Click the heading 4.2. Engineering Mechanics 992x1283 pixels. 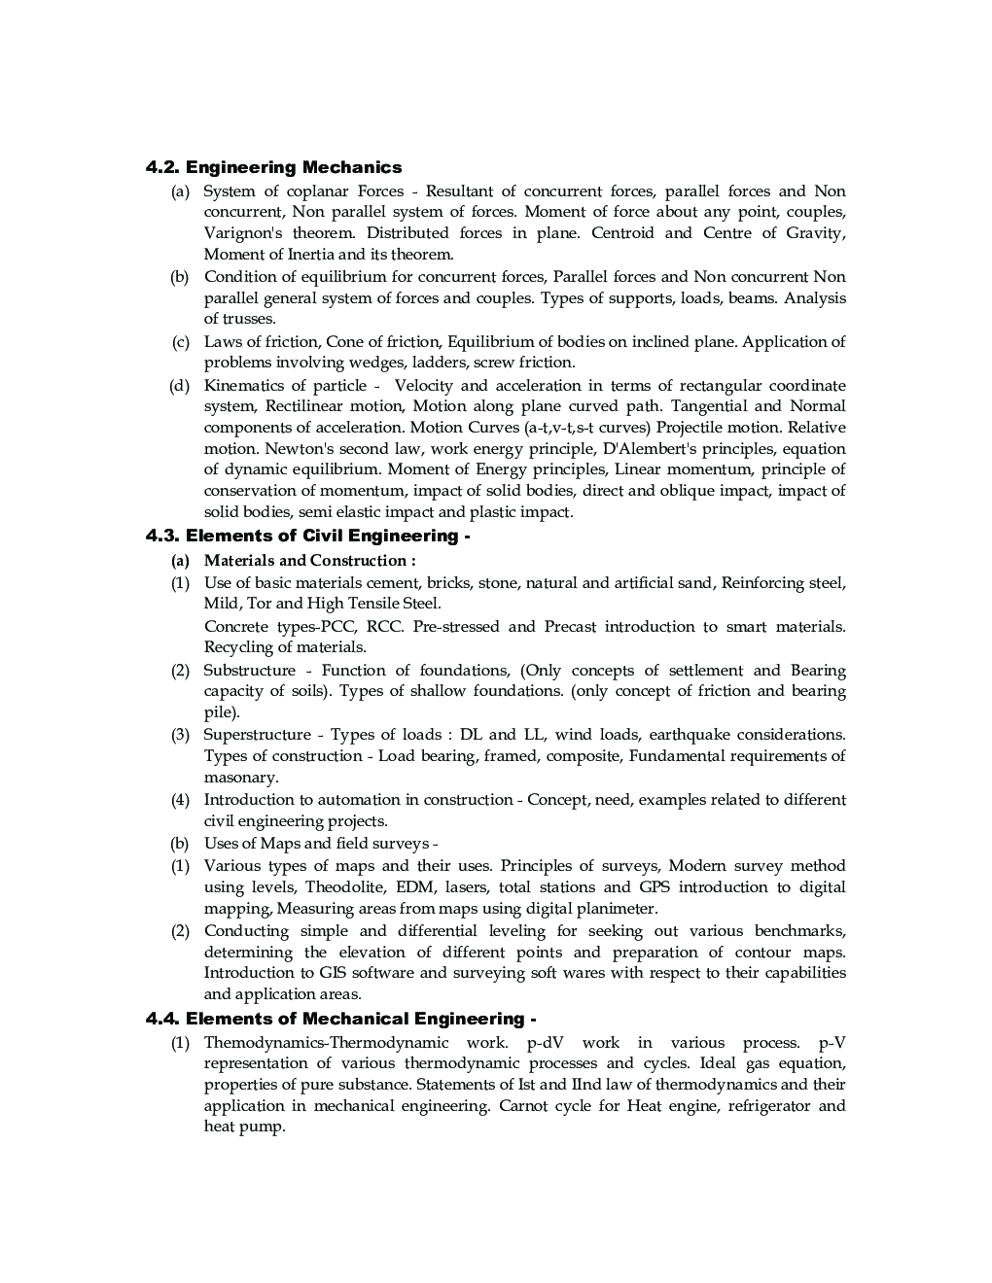(273, 167)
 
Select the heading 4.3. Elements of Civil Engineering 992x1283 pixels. (307, 536)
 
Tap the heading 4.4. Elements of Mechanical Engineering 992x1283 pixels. (340, 1019)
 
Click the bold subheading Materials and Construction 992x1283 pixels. (309, 560)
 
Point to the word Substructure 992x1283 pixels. (249, 671)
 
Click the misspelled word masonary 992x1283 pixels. (240, 778)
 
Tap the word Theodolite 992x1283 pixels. (344, 887)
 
